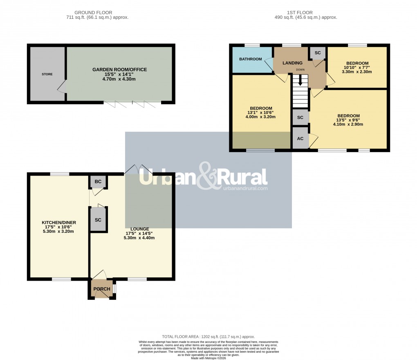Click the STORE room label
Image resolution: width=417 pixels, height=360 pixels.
point(47,74)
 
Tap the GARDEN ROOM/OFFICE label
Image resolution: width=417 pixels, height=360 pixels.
point(119,70)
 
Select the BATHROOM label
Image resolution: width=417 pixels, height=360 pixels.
point(250,59)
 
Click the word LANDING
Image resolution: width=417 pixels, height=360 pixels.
point(293,63)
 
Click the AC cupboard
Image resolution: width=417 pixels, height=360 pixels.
point(300,139)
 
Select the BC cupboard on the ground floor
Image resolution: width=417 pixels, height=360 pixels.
point(98,182)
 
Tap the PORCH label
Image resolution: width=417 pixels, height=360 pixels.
point(102,289)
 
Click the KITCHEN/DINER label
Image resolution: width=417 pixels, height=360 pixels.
point(59,223)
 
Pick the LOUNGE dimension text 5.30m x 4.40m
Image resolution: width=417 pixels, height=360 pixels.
point(139,238)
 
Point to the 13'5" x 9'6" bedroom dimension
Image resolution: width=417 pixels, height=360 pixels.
point(348,120)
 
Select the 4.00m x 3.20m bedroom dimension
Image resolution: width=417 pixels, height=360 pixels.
point(260,117)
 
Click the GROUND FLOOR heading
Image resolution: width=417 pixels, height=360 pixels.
point(93,13)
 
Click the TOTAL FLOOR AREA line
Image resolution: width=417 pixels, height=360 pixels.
point(208,336)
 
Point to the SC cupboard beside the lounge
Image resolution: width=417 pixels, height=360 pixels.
point(98,220)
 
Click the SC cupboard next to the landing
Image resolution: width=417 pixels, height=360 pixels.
point(318,53)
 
